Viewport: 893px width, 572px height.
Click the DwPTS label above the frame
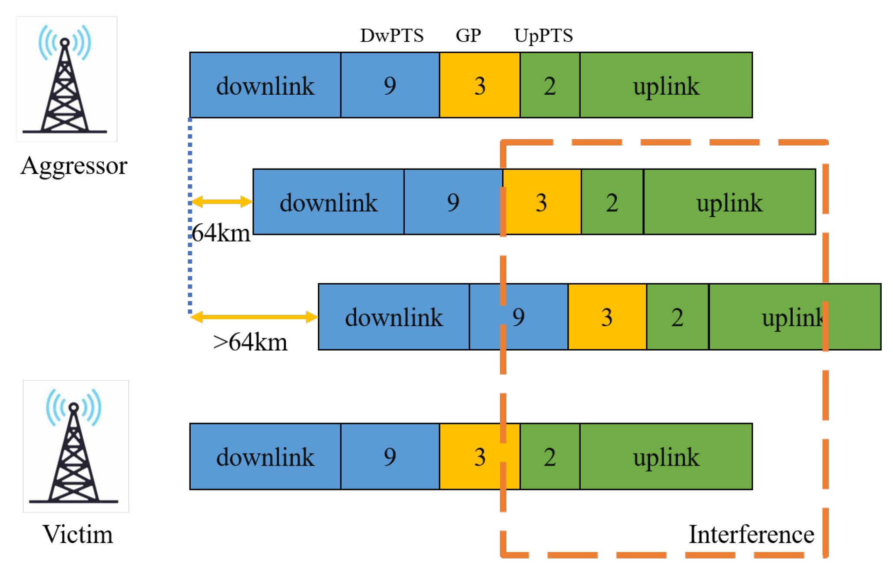pos(391,36)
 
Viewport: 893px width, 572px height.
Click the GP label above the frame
pos(468,36)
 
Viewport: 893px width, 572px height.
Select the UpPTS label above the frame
pos(543,36)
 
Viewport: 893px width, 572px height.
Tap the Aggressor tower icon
pos(66,79)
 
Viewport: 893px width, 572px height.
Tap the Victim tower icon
pos(75,446)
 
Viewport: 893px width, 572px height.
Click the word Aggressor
pos(74,166)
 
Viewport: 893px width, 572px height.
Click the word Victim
pos(77,534)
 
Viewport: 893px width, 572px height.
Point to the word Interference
pos(751,534)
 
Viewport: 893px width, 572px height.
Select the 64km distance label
pos(221,233)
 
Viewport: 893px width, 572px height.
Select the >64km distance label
pos(250,342)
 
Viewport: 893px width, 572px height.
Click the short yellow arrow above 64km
pos(222,202)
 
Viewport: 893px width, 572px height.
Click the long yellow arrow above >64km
pos(254,317)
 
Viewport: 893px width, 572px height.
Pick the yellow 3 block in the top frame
pos(480,85)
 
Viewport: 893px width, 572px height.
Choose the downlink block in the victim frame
pos(265,456)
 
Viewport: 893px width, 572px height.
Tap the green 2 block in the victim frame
pos(549,456)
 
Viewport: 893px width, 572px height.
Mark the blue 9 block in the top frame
pos(390,85)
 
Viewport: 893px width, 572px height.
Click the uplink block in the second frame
pos(729,202)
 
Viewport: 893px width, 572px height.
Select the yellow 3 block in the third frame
pos(607,317)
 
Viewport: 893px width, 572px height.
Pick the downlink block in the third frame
pos(394,317)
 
